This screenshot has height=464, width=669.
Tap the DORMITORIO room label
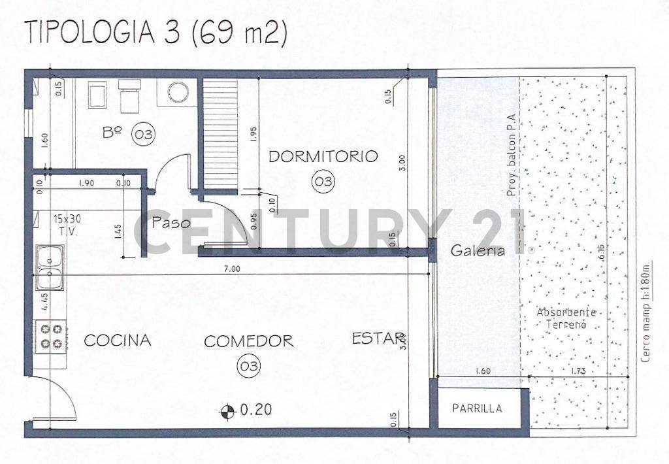coord(323,156)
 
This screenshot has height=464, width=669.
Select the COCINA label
coord(118,340)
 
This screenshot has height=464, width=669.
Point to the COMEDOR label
coord(249,341)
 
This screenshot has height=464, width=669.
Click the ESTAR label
coord(378,339)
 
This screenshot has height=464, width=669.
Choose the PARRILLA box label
coord(478,408)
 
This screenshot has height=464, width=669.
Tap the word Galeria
coord(478,250)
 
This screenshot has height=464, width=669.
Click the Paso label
coord(171,223)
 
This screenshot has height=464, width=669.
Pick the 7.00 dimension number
coord(232,268)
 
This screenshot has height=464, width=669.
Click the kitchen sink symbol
coord(50,267)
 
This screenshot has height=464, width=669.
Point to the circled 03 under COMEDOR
coord(250,367)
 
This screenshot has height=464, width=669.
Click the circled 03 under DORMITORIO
coord(323,181)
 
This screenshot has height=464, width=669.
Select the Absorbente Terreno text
coord(562,318)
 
